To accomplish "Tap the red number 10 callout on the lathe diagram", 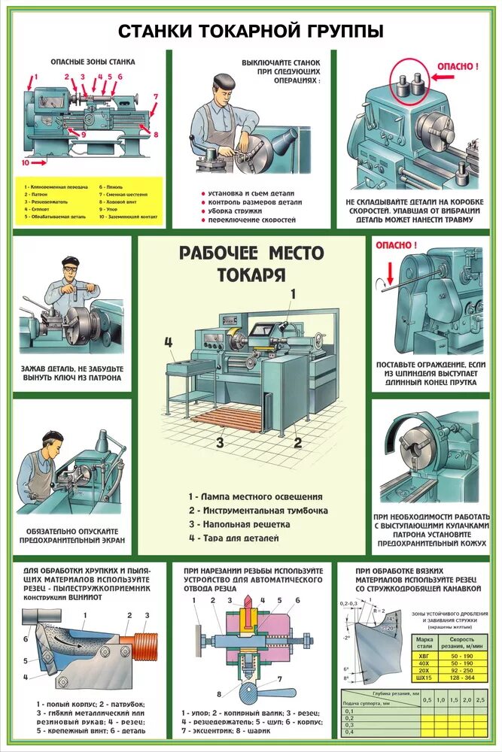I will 25,162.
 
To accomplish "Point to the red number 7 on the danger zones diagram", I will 156,96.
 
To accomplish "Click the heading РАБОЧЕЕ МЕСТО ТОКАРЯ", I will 251,263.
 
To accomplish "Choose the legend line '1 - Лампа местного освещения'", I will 255,496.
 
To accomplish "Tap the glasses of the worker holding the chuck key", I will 72,268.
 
